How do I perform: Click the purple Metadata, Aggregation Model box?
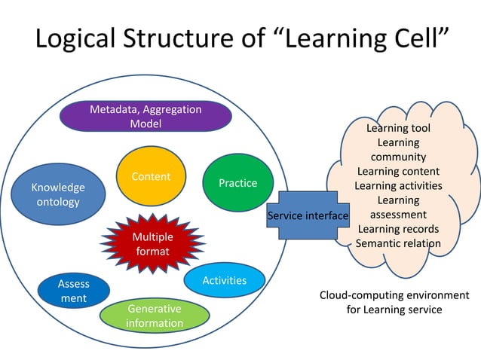click(x=145, y=117)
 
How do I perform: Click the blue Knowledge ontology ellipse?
click(x=58, y=194)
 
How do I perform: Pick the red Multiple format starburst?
click(x=152, y=243)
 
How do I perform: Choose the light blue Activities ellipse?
click(x=225, y=280)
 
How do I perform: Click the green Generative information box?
click(x=154, y=316)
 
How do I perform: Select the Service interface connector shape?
click(x=308, y=216)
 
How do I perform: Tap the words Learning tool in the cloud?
click(x=398, y=129)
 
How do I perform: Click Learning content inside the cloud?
click(x=398, y=172)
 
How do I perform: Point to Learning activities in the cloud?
click(x=398, y=186)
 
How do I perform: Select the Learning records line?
click(x=398, y=229)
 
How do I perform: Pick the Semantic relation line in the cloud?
click(x=398, y=243)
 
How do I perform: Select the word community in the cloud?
click(x=398, y=157)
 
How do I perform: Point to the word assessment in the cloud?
click(x=398, y=215)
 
